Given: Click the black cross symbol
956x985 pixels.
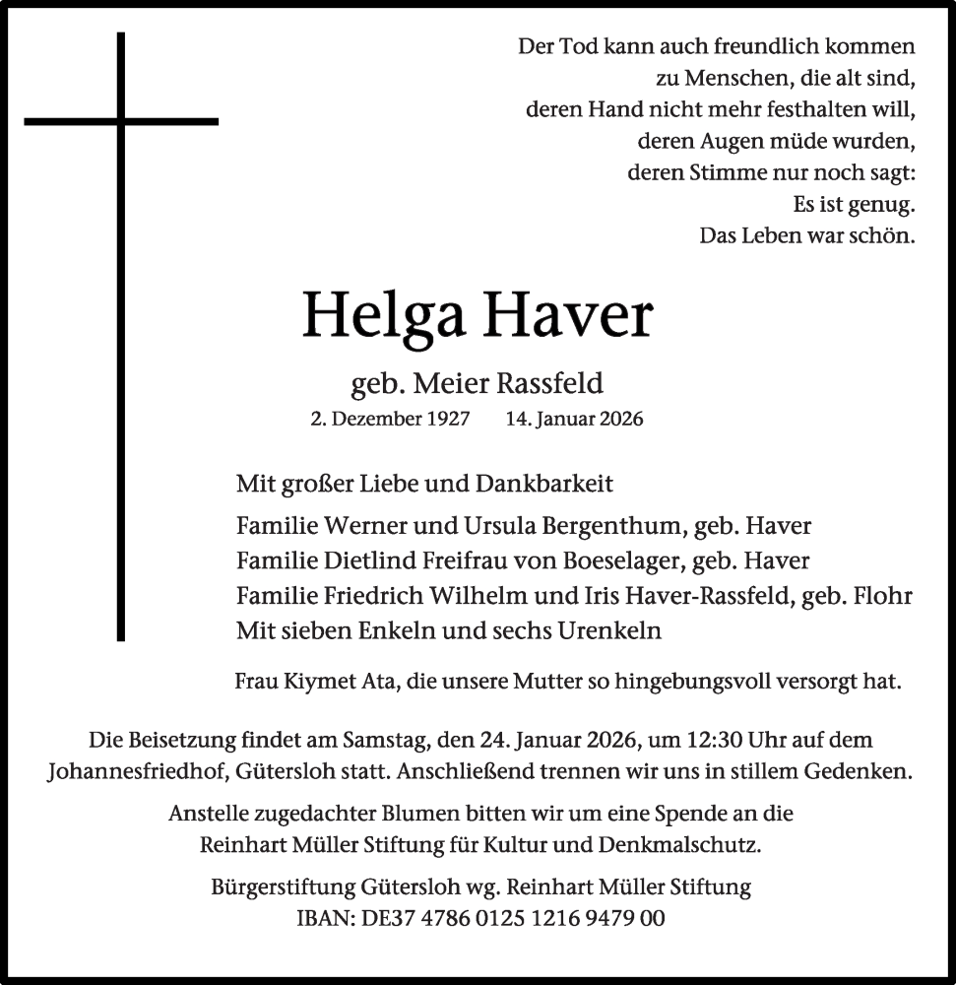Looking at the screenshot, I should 121,122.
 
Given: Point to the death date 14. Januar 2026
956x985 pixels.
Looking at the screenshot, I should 574,419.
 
